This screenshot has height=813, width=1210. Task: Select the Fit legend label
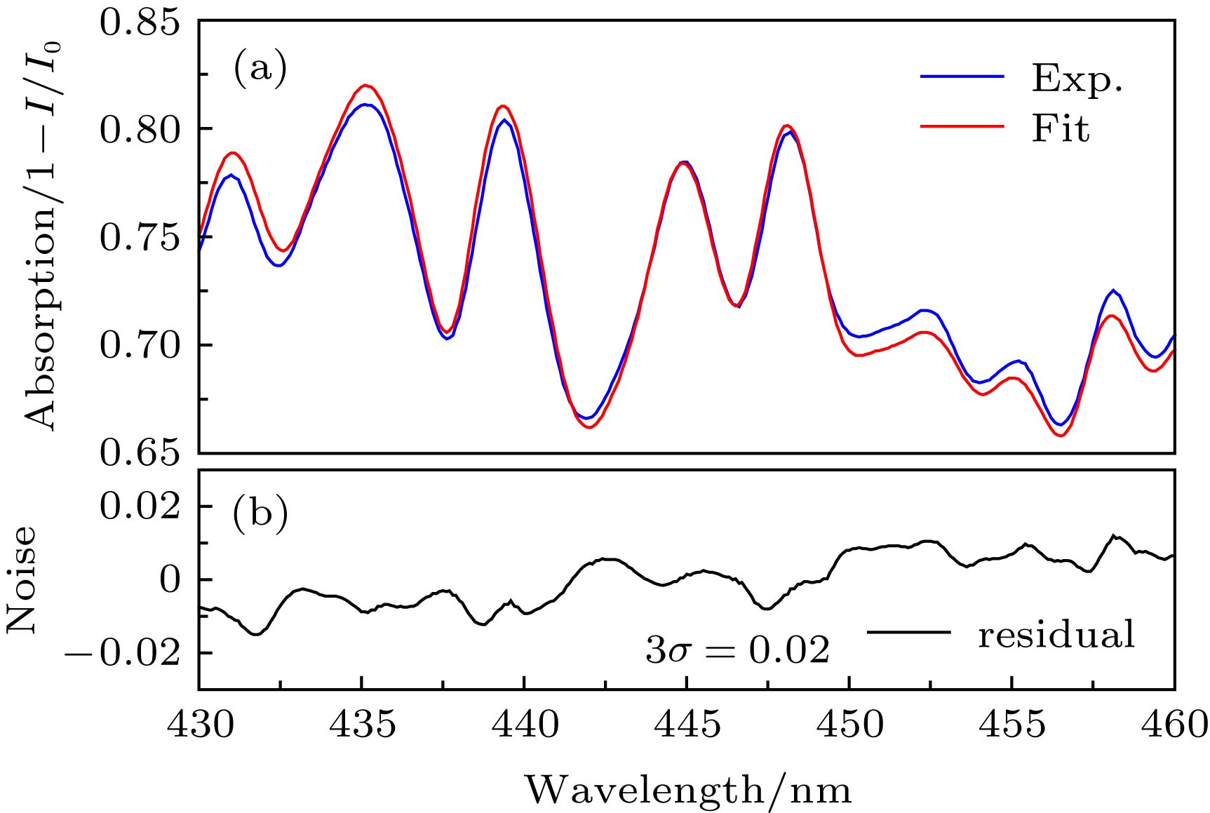[1061, 129]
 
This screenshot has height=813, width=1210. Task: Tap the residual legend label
[1056, 635]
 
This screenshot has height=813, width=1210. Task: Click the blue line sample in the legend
[962, 76]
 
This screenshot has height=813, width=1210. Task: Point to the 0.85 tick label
[140, 22]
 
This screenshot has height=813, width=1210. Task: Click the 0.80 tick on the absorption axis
[140, 130]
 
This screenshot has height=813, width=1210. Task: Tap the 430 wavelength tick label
[200, 725]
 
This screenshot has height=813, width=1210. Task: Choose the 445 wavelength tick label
[687, 725]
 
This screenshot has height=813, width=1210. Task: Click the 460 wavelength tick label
[1173, 725]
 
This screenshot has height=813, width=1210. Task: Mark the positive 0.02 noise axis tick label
[140, 506]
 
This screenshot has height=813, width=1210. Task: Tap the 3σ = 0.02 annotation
[737, 650]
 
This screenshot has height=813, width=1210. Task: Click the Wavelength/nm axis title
[688, 791]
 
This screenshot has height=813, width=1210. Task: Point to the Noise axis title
[21, 579]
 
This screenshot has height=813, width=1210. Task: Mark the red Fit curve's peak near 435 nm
[365, 86]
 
